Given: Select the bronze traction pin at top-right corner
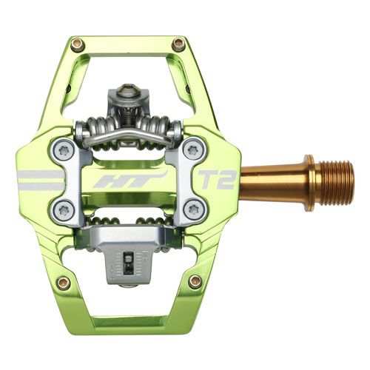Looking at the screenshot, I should [x=178, y=44].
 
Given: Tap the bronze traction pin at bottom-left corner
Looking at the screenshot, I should [x=64, y=282].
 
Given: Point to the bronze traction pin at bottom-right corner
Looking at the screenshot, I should [x=195, y=280].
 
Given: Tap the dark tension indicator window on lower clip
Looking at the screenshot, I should [x=127, y=260].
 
